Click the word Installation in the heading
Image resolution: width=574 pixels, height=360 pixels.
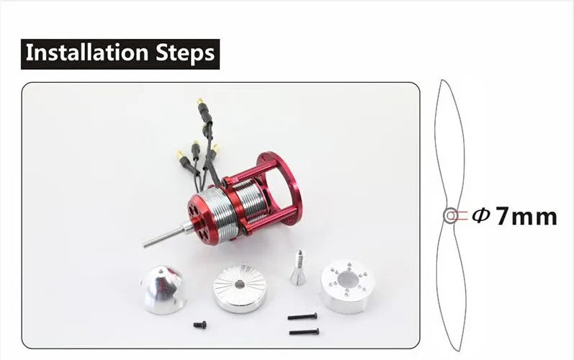[87, 53]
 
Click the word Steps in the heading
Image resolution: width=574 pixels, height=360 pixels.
[185, 53]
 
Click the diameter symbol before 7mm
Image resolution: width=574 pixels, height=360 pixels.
[480, 215]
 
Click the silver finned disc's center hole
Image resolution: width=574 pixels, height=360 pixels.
[240, 284]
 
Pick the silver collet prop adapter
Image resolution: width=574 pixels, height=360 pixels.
[299, 268]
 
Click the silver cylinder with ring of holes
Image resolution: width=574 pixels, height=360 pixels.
[347, 286]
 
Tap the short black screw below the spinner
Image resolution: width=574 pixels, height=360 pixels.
[200, 324]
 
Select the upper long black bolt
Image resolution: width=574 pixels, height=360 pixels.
[302, 316]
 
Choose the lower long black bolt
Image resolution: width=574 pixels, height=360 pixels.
[304, 332]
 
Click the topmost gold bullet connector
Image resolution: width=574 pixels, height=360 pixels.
[200, 101]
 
